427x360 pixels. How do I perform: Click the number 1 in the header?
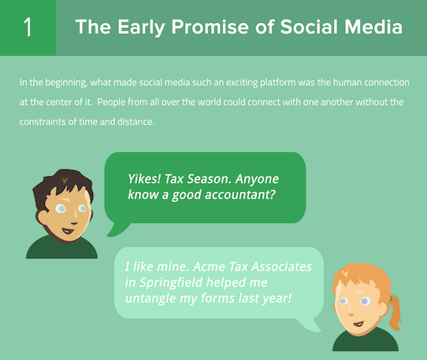click(x=28, y=27)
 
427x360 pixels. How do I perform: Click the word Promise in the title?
click(x=210, y=27)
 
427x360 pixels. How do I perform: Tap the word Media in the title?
click(x=373, y=27)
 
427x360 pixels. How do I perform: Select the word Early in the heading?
click(x=141, y=28)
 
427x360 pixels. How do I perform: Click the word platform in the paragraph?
click(x=278, y=83)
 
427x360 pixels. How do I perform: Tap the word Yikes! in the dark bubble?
click(x=144, y=179)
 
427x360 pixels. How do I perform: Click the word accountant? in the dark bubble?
click(x=240, y=195)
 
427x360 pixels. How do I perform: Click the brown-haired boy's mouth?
click(x=68, y=231)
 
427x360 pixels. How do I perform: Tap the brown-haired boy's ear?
click(x=43, y=217)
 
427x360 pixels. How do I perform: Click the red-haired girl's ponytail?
click(x=394, y=313)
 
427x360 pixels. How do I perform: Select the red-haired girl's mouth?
click(x=358, y=324)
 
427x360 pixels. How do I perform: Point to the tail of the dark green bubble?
click(x=118, y=229)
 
